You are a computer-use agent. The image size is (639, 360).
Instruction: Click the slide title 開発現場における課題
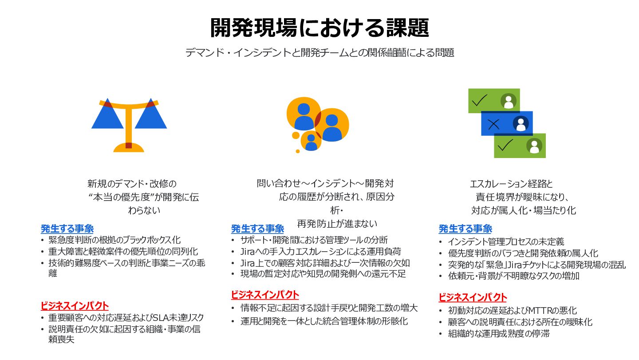pos(319,28)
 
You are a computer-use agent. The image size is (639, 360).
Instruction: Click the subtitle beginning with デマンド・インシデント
pos(319,53)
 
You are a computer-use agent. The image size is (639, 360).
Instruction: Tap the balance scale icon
pos(129,125)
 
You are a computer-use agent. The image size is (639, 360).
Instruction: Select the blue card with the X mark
pos(507,123)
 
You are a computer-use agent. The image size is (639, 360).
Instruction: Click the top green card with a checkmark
pos(494,101)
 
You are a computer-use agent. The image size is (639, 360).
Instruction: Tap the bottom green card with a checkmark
pos(520,146)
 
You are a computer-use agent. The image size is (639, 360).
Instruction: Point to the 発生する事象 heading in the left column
pos(67,229)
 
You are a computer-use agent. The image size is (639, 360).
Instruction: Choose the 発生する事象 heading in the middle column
pos(257,229)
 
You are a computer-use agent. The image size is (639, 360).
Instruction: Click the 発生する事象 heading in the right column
pos(465,229)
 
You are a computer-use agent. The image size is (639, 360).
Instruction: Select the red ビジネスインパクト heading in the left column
pos(74,306)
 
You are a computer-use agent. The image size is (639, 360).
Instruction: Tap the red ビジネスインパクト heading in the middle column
pos(264,295)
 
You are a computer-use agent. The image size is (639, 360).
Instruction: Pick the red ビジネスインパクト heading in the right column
pos(472,297)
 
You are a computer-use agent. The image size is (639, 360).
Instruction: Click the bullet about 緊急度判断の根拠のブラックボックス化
pos(114,240)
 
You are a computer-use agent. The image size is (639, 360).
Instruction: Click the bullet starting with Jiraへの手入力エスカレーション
pos(320,251)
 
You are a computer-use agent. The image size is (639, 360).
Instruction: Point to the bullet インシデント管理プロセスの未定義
pos(506,242)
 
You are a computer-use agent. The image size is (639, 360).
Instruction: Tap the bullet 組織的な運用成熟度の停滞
pos(499,334)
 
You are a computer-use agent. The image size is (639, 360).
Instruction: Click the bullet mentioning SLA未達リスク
pos(126,318)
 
